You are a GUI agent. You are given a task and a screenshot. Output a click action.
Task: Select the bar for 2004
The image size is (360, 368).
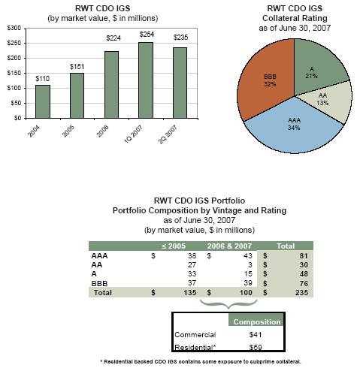(43, 101)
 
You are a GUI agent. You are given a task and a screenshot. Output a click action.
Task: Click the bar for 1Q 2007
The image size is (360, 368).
(146, 80)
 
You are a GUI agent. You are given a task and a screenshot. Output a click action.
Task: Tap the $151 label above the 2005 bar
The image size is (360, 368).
(77, 67)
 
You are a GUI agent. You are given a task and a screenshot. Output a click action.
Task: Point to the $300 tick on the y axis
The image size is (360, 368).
(14, 29)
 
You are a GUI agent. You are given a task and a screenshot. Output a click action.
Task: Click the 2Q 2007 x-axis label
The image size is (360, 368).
(168, 134)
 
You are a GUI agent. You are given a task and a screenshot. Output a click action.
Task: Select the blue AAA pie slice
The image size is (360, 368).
(294, 128)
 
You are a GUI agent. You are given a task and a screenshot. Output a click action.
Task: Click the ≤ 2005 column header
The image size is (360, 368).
(174, 246)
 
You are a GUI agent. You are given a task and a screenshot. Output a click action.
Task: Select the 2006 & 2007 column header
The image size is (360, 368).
(229, 246)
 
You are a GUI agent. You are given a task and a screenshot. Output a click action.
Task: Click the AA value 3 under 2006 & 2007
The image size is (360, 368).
(250, 265)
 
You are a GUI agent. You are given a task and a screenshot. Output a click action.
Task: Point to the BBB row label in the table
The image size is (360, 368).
(99, 283)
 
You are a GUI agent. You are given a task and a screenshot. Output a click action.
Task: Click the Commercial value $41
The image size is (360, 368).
(256, 335)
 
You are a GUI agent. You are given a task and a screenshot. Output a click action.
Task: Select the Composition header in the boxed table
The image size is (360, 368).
(257, 321)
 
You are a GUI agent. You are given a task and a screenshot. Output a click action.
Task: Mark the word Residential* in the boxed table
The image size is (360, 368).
(195, 347)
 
